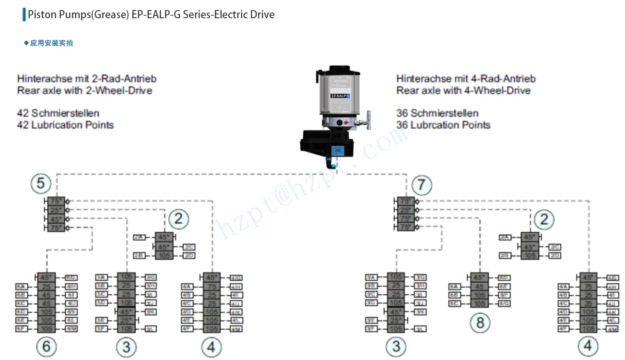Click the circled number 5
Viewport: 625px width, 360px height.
[x=41, y=183]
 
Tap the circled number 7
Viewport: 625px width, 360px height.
[x=422, y=185]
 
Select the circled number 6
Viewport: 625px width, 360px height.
[x=46, y=347]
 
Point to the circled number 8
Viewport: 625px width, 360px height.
[x=480, y=323]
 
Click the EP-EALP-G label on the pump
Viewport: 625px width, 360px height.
[x=340, y=96]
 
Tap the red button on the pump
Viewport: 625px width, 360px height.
[x=346, y=123]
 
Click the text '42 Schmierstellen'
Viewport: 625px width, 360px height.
[x=59, y=113]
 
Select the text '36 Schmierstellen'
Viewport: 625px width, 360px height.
[x=437, y=113]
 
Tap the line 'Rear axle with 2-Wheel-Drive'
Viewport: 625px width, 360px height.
[x=85, y=90]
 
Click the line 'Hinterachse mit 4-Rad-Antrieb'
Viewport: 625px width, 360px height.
[x=466, y=79]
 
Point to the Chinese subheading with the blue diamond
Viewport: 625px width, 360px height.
[x=49, y=43]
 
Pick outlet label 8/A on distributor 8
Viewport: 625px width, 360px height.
[x=454, y=287]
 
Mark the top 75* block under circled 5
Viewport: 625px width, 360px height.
[x=56, y=202]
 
